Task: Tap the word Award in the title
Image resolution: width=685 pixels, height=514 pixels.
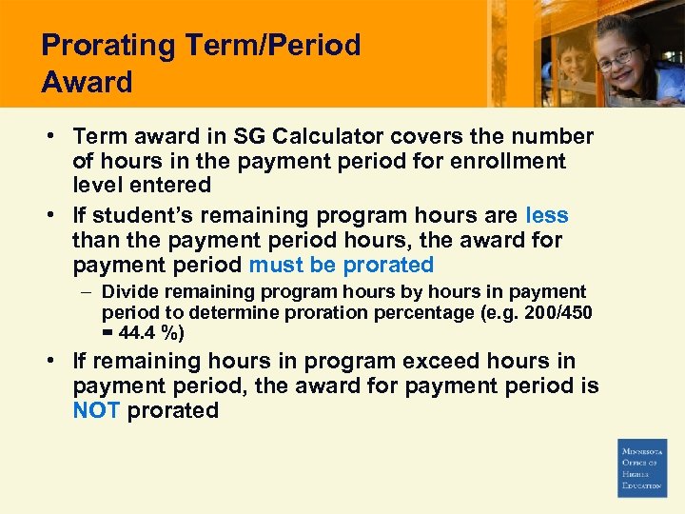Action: click(87, 82)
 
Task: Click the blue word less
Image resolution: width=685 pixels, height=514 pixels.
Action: click(546, 215)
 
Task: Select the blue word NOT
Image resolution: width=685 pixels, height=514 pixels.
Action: click(96, 410)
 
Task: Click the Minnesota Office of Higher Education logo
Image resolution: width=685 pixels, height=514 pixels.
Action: click(642, 467)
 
